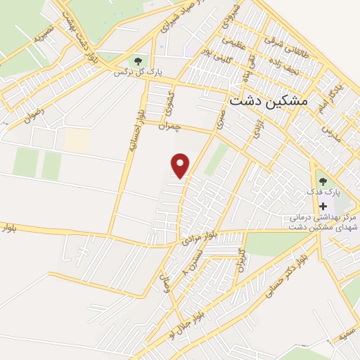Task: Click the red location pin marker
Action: [181, 165]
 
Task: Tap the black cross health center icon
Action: [323, 207]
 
